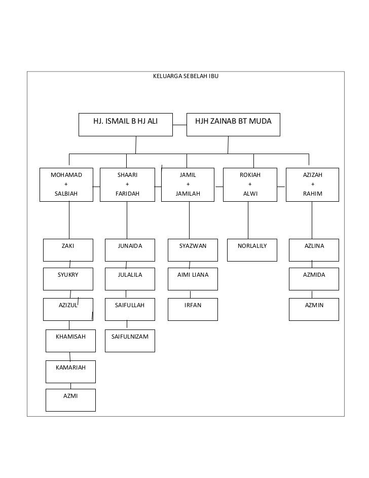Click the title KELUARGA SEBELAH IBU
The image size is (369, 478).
tap(186, 77)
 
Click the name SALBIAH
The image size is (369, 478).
tap(66, 194)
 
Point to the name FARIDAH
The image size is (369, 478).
tap(127, 194)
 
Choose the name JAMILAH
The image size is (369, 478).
tap(188, 194)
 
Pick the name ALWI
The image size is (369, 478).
tap(250, 194)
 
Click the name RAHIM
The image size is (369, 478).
tap(312, 194)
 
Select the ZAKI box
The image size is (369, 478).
tap(68, 250)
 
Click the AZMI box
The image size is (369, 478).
tap(70, 399)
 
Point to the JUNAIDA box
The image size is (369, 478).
tap(130, 250)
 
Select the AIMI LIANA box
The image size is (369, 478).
tap(193, 279)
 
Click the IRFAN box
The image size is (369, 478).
tap(193, 309)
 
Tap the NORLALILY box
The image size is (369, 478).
tap(252, 250)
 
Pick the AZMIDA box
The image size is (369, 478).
tap(314, 279)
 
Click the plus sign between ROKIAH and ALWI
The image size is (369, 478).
tap(250, 184)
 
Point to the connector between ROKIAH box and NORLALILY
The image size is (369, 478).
tap(248, 220)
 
